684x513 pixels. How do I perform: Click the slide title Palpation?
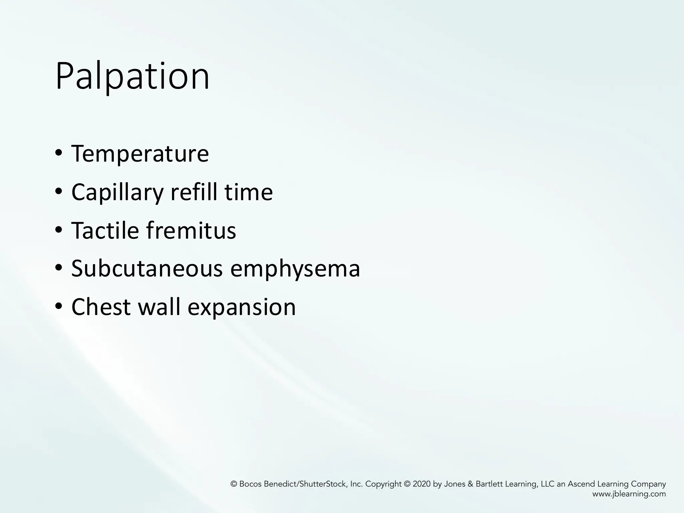133,77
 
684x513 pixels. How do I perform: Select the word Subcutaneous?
147,269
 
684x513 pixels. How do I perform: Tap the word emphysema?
295,269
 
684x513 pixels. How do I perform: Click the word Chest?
101,307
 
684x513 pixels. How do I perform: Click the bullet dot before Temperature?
59,154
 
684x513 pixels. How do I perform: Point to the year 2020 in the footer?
422,484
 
